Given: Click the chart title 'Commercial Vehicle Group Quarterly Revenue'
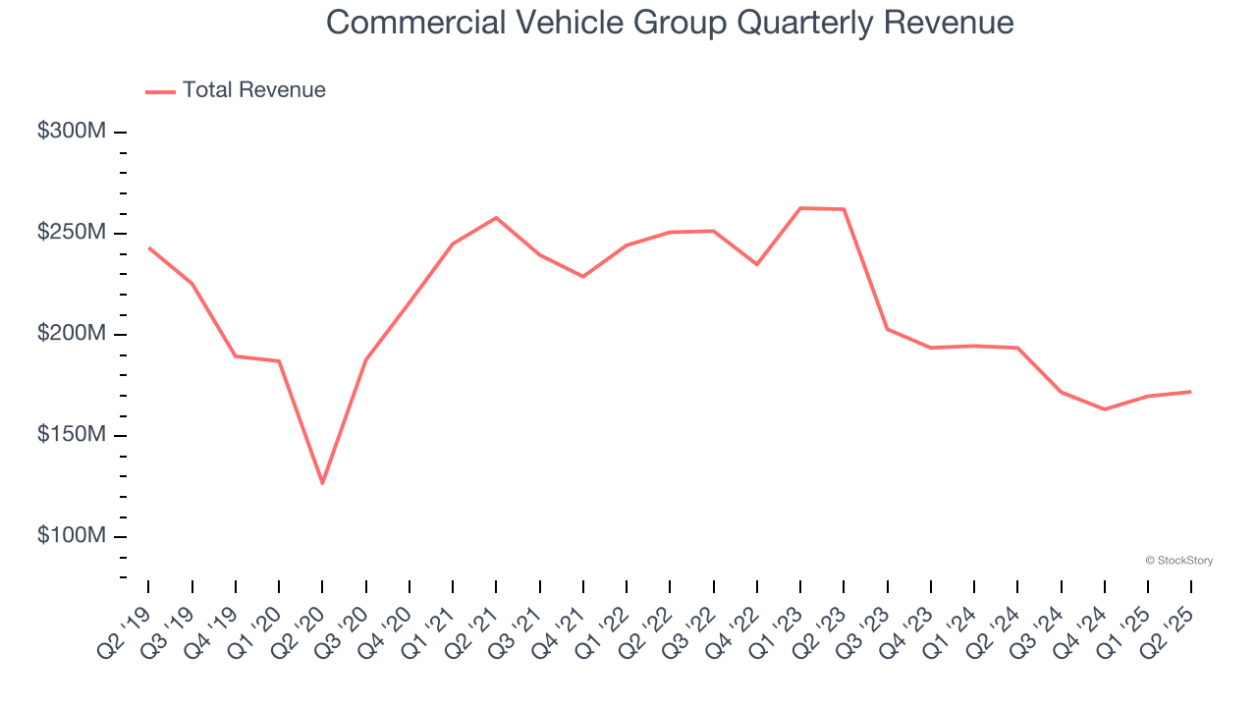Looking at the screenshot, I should pyautogui.click(x=670, y=23).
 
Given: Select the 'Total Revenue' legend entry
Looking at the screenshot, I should pyautogui.click(x=253, y=90).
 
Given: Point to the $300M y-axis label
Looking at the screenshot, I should pyautogui.click(x=71, y=132).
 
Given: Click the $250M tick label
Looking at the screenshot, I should pyautogui.click(x=71, y=233).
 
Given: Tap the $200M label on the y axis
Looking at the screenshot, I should pyautogui.click(x=71, y=334).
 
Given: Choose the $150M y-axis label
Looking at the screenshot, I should pyautogui.click(x=71, y=435).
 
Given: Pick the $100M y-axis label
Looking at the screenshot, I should pyautogui.click(x=71, y=536).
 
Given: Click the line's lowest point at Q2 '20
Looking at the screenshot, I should pyautogui.click(x=322, y=483).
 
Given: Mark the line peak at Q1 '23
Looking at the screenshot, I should pyautogui.click(x=800, y=208).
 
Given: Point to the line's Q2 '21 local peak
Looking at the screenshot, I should pyautogui.click(x=496, y=217).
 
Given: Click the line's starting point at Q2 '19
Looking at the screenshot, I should pyautogui.click(x=149, y=247).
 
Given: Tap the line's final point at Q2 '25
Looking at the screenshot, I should pyautogui.click(x=1191, y=392).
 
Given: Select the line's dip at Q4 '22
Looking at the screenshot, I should pyautogui.click(x=757, y=264).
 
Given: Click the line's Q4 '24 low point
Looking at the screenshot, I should pyautogui.click(x=1105, y=408).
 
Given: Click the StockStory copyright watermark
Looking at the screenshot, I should pyautogui.click(x=1178, y=561).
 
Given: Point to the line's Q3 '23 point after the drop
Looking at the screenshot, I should pyautogui.click(x=888, y=329).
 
